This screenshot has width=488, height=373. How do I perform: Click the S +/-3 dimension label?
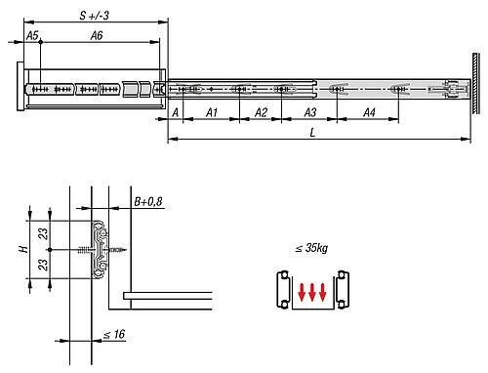(94, 16)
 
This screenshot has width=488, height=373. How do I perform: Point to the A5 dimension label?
(32, 35)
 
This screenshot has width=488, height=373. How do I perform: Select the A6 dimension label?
(97, 35)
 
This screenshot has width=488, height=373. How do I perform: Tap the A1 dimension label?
(212, 112)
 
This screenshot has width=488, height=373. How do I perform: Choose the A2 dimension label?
(261, 112)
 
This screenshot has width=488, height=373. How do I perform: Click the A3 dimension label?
(310, 112)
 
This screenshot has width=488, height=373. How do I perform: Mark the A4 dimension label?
(369, 112)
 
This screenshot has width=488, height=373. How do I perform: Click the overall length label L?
(312, 133)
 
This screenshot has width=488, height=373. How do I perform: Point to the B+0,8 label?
(148, 202)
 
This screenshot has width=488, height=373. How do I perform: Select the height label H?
(23, 249)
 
